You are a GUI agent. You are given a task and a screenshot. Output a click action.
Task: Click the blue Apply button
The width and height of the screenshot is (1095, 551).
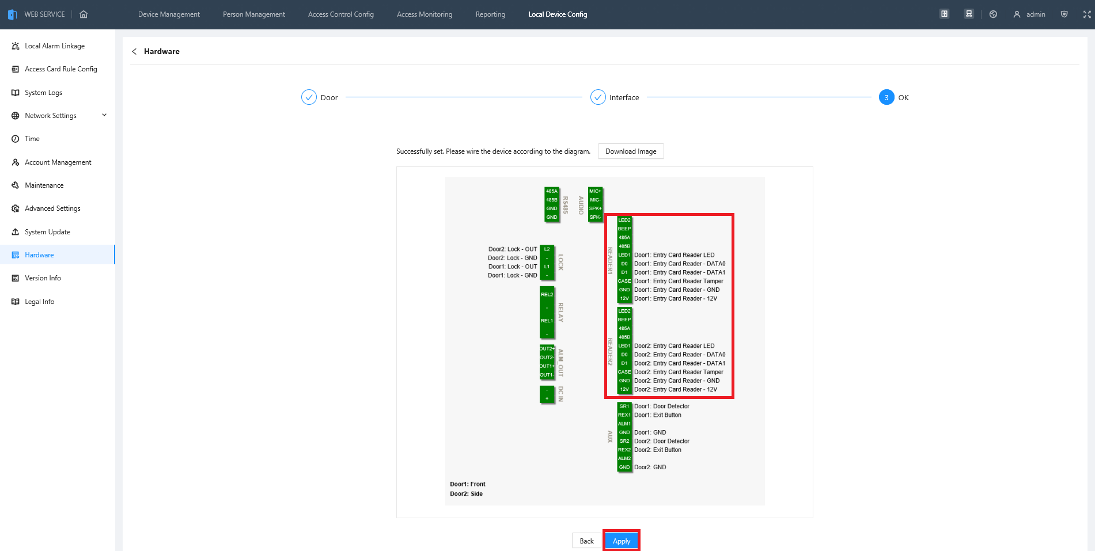[622, 541]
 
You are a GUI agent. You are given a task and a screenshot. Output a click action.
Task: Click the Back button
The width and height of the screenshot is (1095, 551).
[586, 541]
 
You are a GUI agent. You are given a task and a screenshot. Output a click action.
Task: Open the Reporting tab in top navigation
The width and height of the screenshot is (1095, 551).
[490, 14]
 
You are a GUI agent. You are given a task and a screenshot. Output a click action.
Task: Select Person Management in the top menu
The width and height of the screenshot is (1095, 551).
[254, 14]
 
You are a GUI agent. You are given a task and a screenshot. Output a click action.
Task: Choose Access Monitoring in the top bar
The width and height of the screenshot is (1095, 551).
[425, 14]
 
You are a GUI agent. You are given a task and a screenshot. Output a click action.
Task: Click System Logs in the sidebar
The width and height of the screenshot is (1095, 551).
[43, 93]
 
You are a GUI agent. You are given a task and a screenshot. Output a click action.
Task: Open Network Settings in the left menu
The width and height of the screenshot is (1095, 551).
[51, 116]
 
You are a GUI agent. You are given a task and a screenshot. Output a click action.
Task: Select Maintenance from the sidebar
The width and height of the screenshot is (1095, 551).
[44, 185]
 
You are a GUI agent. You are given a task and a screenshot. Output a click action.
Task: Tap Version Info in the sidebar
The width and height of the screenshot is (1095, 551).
[43, 278]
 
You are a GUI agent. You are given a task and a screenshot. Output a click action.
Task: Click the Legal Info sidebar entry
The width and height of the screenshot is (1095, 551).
[40, 302]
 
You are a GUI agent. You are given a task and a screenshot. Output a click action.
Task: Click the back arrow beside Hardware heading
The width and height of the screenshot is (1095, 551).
[134, 51]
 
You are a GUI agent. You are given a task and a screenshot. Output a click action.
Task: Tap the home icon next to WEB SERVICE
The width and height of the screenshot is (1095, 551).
[84, 14]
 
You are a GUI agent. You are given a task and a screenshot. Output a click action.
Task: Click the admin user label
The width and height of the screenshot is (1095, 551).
[1036, 14]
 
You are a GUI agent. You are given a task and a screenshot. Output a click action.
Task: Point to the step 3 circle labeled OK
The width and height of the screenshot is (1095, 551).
[886, 97]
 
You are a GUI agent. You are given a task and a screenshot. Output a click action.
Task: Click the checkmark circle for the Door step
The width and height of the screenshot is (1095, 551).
[309, 97]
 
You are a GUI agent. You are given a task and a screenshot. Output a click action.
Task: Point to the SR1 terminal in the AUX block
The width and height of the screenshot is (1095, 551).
[624, 406]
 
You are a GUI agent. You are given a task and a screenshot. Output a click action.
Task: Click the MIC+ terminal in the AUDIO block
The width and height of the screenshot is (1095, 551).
[595, 191]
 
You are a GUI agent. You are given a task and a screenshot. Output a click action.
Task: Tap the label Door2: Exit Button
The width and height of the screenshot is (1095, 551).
[657, 450]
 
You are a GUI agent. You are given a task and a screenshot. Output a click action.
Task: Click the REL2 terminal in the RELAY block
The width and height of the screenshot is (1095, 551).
[547, 294]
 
